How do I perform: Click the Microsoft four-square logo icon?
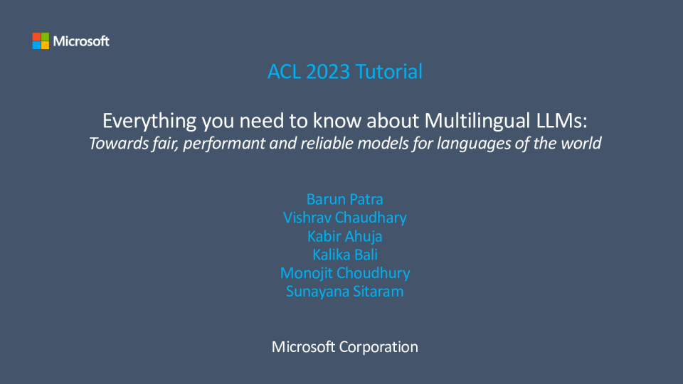tap(41, 41)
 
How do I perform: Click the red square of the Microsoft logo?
tap(36, 36)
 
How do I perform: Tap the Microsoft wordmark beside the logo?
tap(81, 41)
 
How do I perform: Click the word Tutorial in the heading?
tap(389, 71)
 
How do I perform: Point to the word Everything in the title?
tap(149, 121)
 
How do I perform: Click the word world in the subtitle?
tap(581, 143)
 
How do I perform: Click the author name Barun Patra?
tap(345, 199)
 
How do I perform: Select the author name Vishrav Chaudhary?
tap(345, 218)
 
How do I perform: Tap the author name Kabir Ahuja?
tap(345, 236)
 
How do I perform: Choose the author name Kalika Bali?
tap(345, 255)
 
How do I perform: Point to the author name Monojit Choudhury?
tap(345, 273)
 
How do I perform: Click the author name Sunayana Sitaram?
tap(345, 292)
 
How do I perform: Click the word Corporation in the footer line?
tap(378, 347)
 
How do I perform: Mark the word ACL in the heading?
tap(284, 71)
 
